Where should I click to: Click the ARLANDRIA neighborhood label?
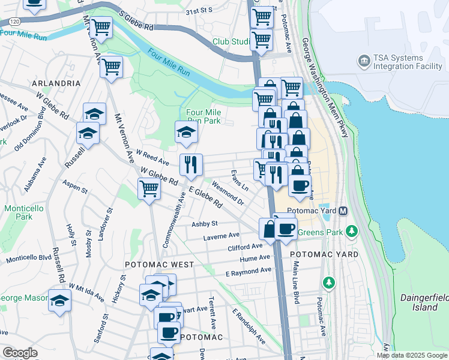56,83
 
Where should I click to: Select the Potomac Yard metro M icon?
343,211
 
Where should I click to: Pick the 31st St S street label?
200,11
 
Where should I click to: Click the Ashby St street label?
204,224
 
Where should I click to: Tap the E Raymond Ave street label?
249,272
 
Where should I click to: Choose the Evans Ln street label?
240,180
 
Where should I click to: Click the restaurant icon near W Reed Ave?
191,164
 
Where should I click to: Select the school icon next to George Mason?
59,300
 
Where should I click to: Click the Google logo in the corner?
20,353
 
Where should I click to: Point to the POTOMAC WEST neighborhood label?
159,265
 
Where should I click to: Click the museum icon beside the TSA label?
364,61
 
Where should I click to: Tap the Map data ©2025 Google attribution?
412,355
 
